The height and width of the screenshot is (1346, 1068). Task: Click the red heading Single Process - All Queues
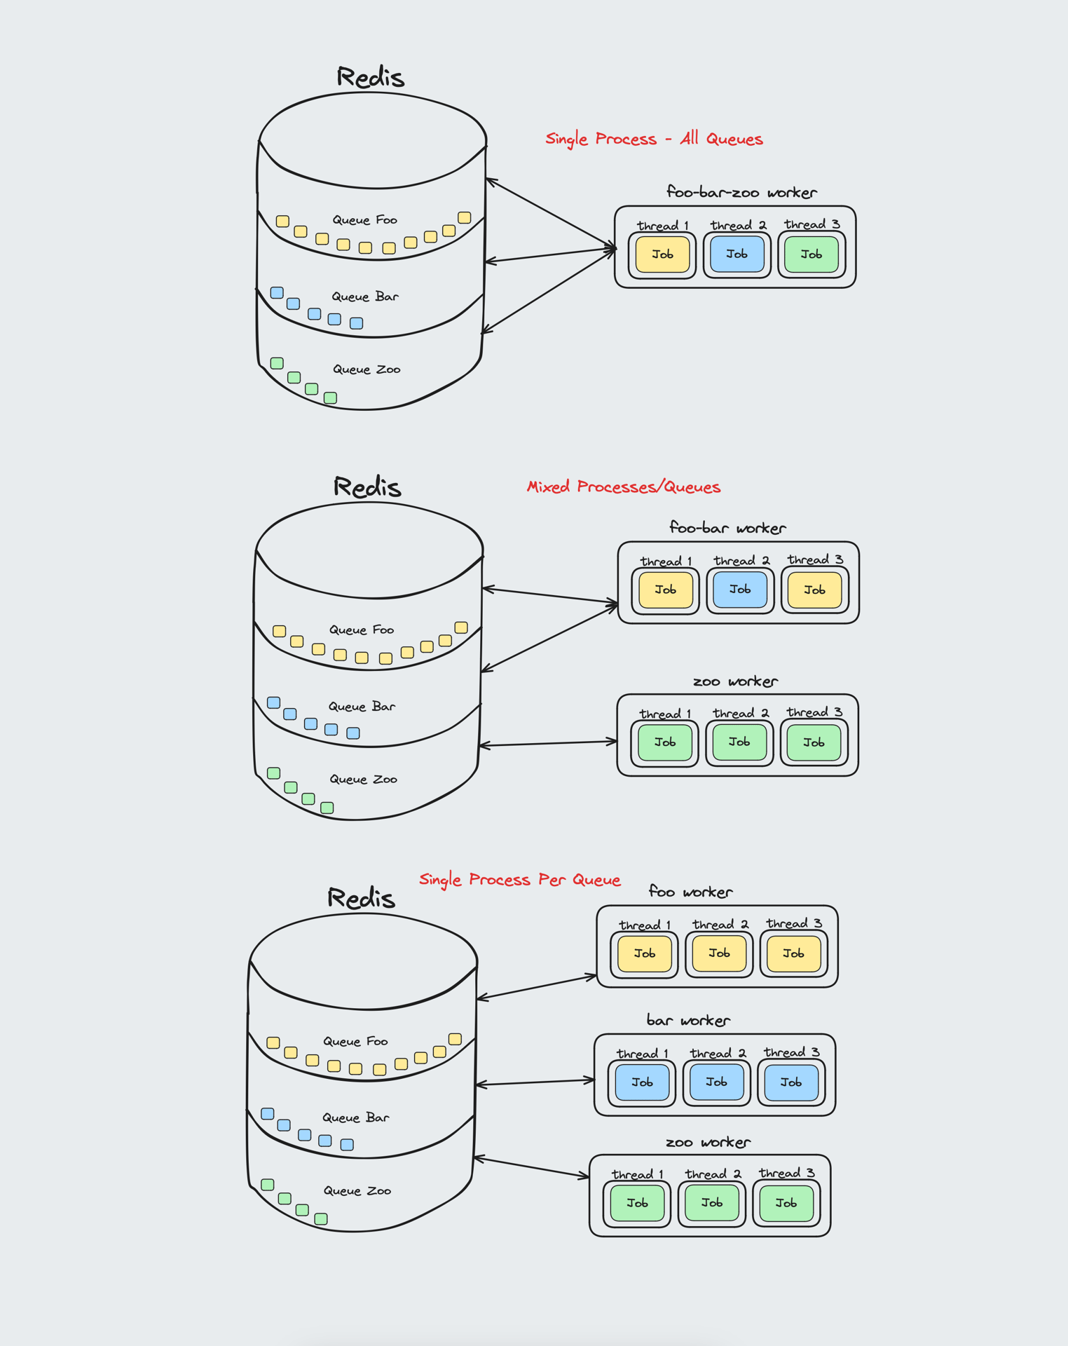[x=653, y=139]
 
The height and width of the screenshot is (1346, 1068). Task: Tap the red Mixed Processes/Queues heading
[x=623, y=487]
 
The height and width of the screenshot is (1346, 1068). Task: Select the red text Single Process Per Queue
[x=519, y=880]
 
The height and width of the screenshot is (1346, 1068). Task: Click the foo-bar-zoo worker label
[x=741, y=192]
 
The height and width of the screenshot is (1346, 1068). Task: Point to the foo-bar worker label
[x=727, y=528]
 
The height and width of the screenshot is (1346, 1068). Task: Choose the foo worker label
[x=690, y=892]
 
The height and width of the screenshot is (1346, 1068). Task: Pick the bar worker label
[x=687, y=1021]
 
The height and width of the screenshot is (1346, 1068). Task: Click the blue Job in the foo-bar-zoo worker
[x=737, y=254]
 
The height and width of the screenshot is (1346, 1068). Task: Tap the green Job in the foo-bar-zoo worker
[x=812, y=254]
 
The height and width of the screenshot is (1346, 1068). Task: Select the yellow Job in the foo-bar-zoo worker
[x=662, y=254]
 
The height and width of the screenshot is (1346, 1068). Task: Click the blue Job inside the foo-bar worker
[x=740, y=590]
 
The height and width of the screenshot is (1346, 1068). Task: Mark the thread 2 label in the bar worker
[x=718, y=1053]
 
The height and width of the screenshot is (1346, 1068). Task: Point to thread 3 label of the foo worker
[x=793, y=924]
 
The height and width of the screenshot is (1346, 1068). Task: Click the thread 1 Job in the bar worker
[x=642, y=1082]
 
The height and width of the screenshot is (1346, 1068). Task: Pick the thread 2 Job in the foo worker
[x=719, y=953]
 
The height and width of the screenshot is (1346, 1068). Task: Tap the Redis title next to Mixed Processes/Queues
[x=367, y=487]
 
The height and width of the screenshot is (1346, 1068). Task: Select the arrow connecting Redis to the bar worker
[x=535, y=1082]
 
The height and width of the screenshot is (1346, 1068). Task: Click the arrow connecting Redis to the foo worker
[x=536, y=986]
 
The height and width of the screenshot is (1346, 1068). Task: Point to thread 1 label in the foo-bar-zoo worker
[x=662, y=226]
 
